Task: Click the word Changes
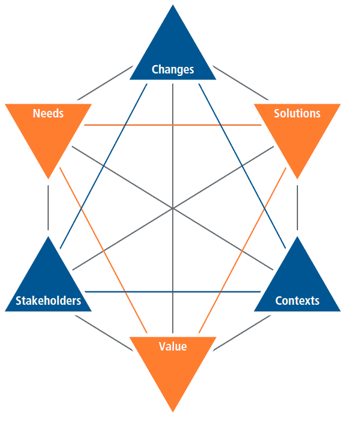tap(173, 69)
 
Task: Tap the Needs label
tap(48, 113)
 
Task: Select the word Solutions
tap(297, 113)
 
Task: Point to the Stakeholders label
tap(48, 301)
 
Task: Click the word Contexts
tap(297, 301)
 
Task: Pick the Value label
tap(173, 346)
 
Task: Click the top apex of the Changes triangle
tap(173, 5)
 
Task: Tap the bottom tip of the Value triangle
tap(173, 412)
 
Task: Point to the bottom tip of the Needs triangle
tap(48, 179)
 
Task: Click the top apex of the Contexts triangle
tap(297, 237)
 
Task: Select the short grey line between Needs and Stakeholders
tap(48, 208)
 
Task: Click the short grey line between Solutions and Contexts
tap(297, 208)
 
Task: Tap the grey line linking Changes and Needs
tap(105, 83)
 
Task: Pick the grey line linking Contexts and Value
tap(242, 333)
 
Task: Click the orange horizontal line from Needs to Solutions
tap(173, 125)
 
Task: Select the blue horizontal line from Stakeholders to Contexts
tap(173, 291)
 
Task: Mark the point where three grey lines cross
tap(173, 208)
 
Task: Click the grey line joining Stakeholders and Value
tap(104, 333)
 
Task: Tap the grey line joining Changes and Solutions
tap(241, 83)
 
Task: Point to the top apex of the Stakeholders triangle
tap(48, 237)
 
